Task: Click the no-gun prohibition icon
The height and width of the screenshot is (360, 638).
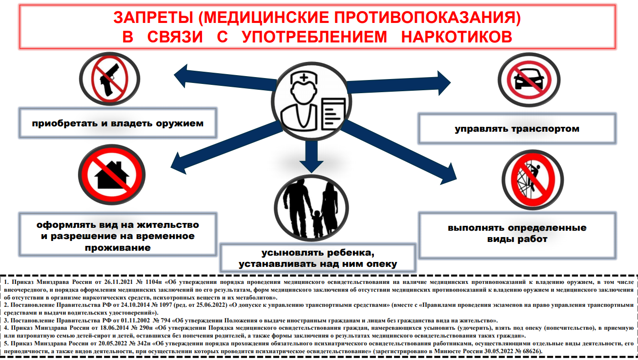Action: (x=110, y=79)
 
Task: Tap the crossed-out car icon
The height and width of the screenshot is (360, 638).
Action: (x=529, y=80)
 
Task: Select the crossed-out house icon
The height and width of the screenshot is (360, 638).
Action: (x=112, y=175)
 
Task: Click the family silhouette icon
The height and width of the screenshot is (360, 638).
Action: (x=311, y=208)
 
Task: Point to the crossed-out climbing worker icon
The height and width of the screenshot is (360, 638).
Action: (x=533, y=180)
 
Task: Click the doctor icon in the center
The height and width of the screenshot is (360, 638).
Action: (x=311, y=101)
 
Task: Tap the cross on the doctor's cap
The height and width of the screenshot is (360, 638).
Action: (x=304, y=78)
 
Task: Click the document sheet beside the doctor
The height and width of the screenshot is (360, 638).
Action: (x=333, y=114)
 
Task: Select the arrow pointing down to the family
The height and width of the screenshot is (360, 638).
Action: (x=311, y=157)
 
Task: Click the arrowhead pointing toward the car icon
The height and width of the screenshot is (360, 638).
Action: (x=444, y=83)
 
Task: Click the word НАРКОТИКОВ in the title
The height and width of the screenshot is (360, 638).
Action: (x=456, y=37)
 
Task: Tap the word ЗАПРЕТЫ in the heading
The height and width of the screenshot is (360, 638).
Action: (x=153, y=18)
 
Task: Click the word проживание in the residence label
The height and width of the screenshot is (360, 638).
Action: (x=118, y=248)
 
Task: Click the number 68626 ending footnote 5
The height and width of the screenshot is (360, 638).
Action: (x=531, y=351)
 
